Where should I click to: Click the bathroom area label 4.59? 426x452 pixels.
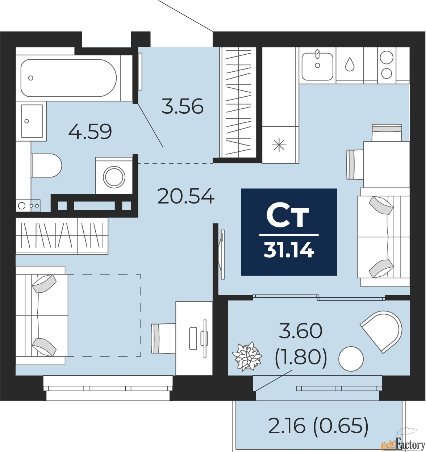90,131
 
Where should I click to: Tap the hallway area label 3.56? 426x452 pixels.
182,106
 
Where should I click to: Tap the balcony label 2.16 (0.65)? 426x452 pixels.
318,425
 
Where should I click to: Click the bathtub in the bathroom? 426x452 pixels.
68,78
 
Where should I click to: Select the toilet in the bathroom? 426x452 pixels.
47,165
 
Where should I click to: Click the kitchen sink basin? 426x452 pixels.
317,66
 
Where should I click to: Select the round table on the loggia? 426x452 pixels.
351,359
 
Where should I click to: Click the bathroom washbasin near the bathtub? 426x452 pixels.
32,121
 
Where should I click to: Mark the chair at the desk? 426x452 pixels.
164,338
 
